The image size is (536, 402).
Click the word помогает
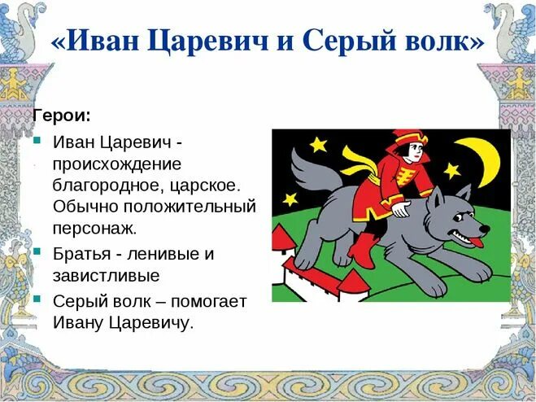(203, 300)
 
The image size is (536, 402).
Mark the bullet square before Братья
(37, 250)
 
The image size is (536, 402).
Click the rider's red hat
(407, 136)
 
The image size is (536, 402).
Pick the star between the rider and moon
(451, 170)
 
